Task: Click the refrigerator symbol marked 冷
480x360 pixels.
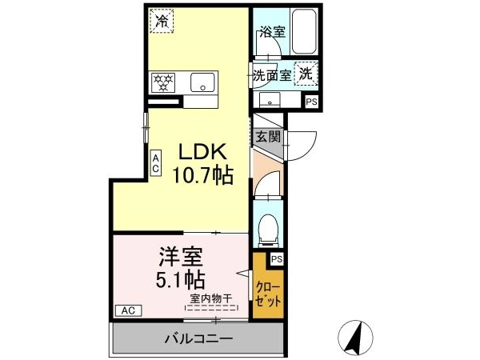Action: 162,21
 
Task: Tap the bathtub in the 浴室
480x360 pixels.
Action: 304,31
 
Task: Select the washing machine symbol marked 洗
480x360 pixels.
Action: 306,74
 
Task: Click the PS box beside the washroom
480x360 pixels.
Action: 311,102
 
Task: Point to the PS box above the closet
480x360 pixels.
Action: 277,259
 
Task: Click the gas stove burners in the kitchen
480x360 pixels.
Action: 163,82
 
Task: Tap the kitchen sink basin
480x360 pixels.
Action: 202,82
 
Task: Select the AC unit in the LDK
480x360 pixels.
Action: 155,163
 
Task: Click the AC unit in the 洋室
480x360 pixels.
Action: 128,310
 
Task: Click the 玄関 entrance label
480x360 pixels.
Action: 268,137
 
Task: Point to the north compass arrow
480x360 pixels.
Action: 355,337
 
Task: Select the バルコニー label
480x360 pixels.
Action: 199,338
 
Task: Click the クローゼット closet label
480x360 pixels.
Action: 268,294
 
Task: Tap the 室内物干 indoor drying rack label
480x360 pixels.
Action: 211,298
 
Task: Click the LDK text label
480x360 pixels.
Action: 202,151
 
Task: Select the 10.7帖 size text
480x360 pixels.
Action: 203,175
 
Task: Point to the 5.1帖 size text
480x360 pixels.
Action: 181,279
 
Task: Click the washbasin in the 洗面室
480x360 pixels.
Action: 270,100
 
